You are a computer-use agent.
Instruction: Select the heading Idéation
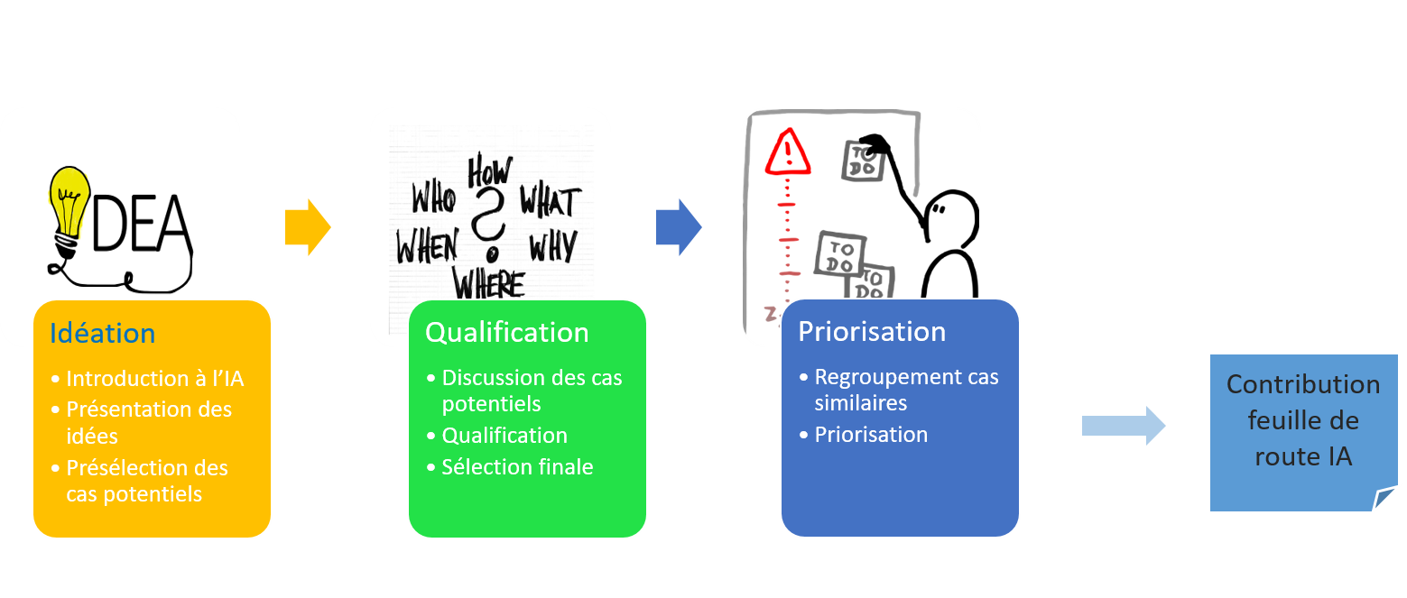[x=102, y=334]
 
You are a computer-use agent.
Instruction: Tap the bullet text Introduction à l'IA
[x=154, y=379]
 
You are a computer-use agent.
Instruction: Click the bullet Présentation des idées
[x=148, y=422]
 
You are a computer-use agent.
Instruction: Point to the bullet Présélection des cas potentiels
[x=146, y=481]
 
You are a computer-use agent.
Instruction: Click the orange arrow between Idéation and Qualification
[x=308, y=227]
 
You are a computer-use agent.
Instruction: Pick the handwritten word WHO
[x=433, y=198]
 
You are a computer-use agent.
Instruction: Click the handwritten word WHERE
[x=488, y=284]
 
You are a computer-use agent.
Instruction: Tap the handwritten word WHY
[x=552, y=245]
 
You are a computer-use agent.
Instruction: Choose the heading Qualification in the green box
[x=506, y=333]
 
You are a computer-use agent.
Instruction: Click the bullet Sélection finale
[x=517, y=467]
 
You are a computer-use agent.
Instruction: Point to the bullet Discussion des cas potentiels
[x=532, y=390]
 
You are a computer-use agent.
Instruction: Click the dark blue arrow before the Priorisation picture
[x=679, y=227]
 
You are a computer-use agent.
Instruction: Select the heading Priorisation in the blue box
[x=871, y=332]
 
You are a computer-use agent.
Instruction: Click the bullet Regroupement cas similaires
[x=906, y=390]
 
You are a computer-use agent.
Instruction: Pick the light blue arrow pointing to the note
[x=1123, y=425]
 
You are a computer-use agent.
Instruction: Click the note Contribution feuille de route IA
[x=1302, y=421]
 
